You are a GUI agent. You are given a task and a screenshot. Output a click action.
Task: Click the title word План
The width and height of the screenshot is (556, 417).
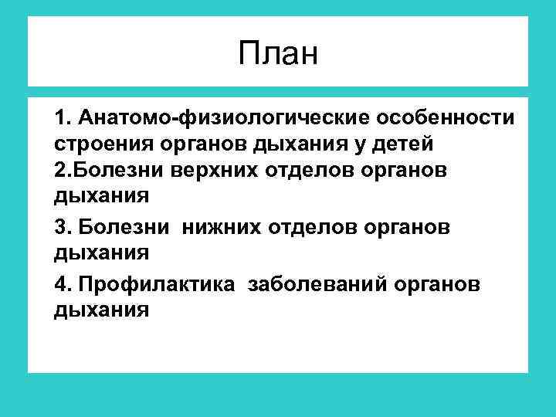pyautogui.click(x=278, y=54)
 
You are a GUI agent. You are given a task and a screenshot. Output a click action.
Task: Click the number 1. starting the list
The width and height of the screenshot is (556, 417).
pyautogui.click(x=63, y=118)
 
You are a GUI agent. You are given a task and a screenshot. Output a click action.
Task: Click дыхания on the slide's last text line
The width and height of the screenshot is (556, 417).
pyautogui.click(x=101, y=310)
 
